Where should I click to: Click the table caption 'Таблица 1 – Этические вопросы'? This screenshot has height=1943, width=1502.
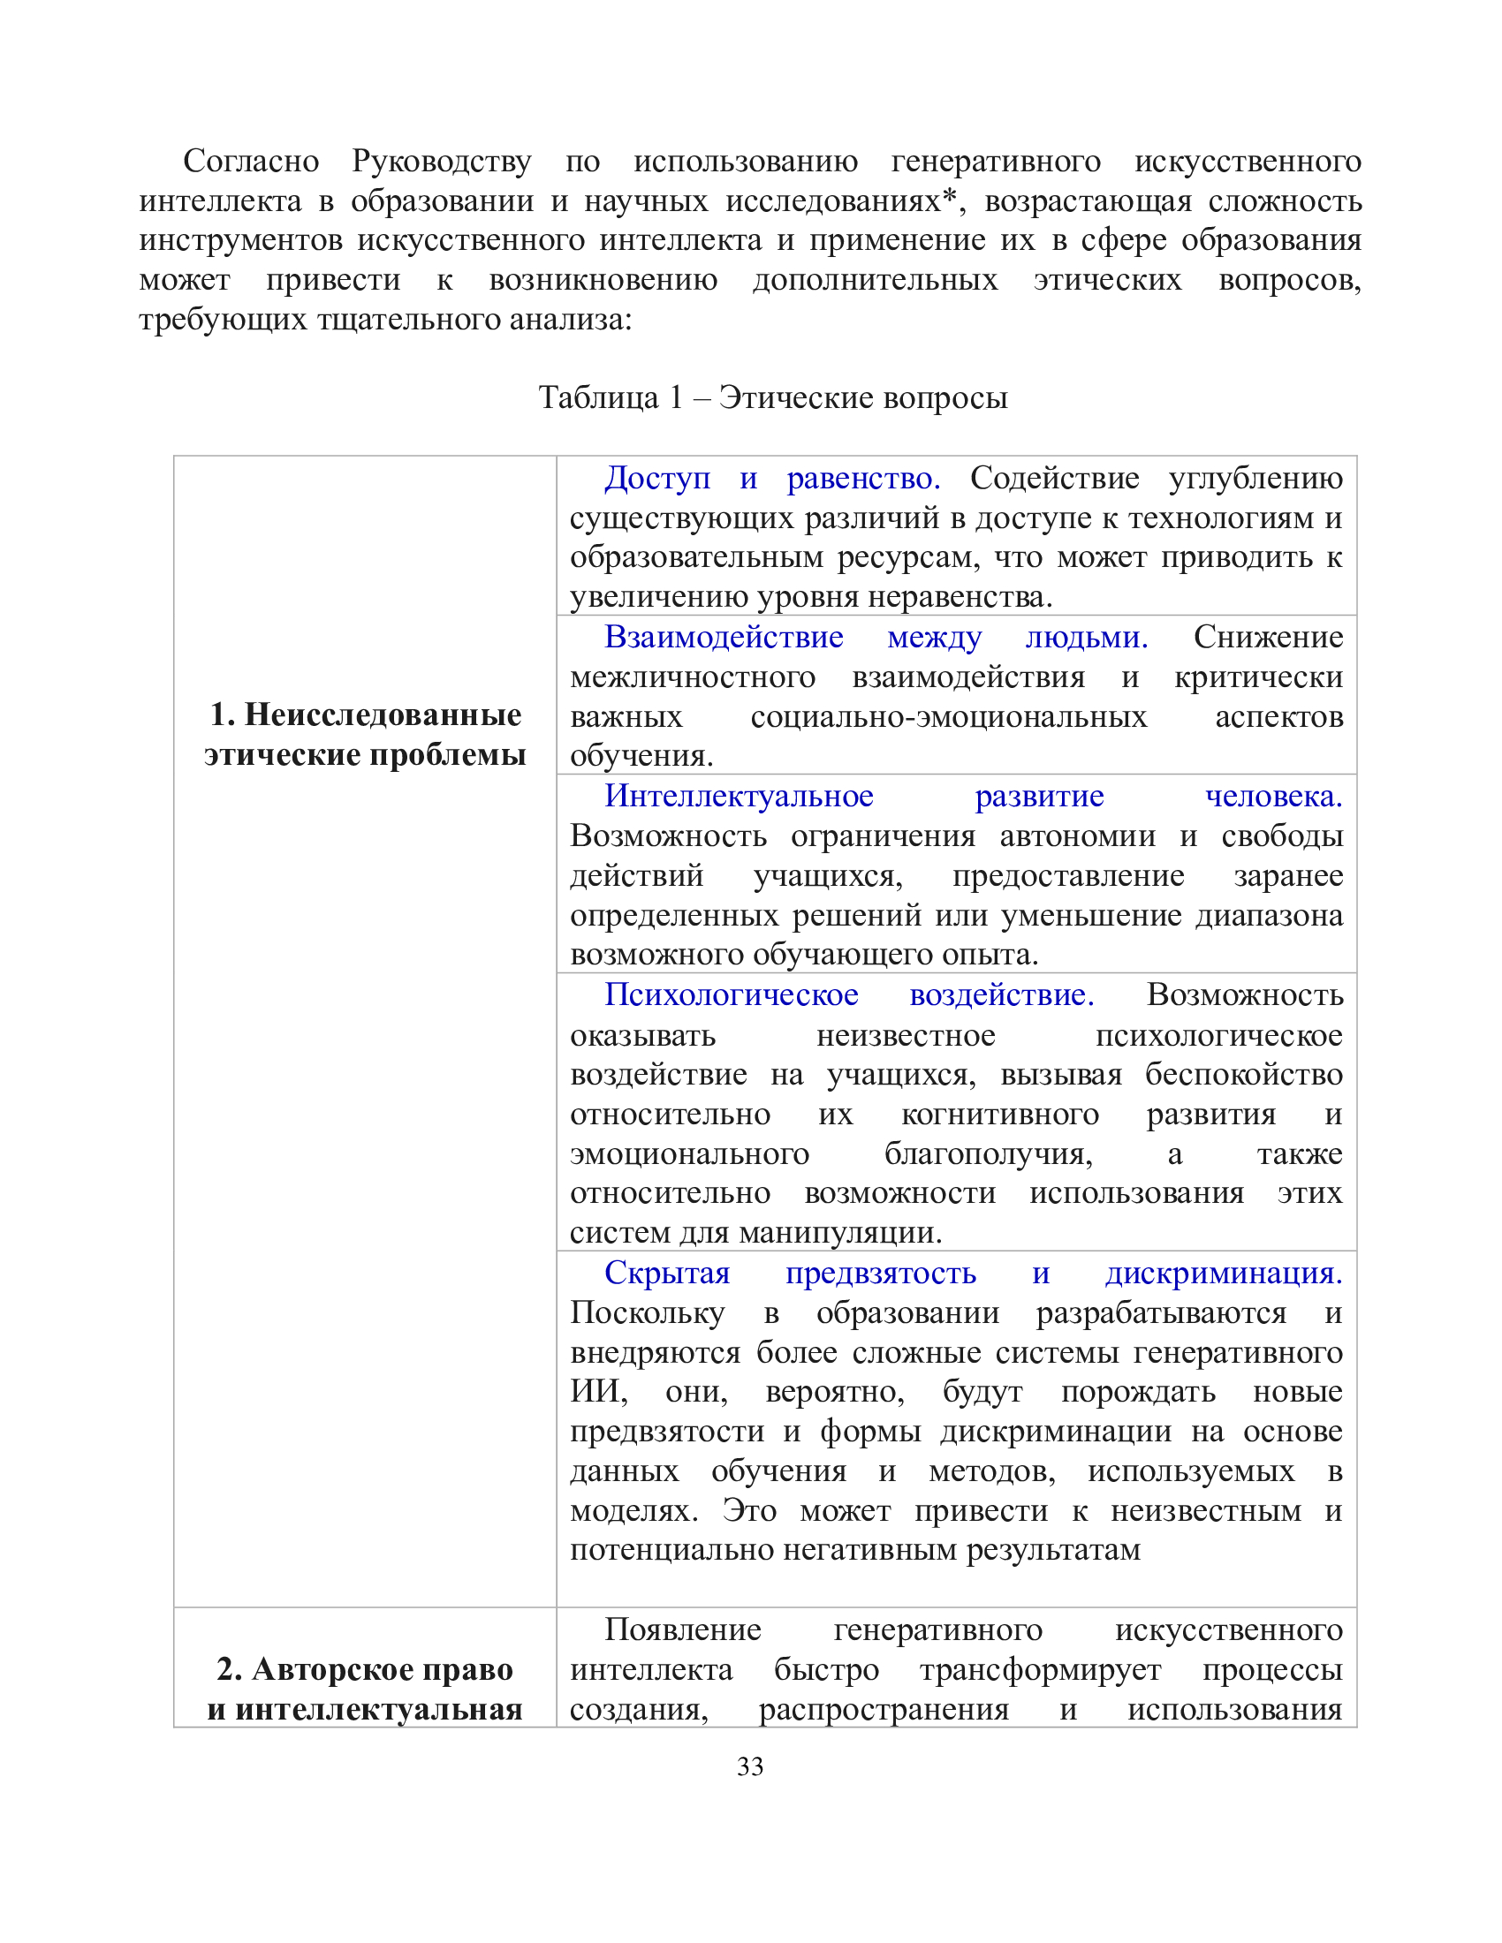(x=772, y=397)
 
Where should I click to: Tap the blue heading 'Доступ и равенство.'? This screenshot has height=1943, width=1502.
(x=771, y=479)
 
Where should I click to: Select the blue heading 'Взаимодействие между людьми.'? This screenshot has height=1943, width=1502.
(x=876, y=637)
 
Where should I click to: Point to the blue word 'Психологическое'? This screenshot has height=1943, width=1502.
(x=732, y=994)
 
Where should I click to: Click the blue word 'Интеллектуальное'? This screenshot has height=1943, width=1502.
(x=739, y=797)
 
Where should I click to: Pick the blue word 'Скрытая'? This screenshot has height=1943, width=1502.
(x=666, y=1273)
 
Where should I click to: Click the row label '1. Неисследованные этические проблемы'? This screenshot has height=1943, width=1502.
(x=365, y=734)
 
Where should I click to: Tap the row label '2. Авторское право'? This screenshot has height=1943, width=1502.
(x=365, y=1670)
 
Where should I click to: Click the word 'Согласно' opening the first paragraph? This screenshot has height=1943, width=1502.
(x=251, y=161)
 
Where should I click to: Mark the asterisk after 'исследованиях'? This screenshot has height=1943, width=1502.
(x=950, y=198)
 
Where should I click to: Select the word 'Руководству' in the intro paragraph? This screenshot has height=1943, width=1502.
(x=442, y=161)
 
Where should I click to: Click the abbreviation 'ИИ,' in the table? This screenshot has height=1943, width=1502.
(x=598, y=1392)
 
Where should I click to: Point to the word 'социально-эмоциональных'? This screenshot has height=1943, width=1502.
(x=949, y=717)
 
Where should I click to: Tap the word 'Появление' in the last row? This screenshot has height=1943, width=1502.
(x=682, y=1629)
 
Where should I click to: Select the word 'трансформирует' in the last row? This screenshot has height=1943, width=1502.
(x=1040, y=1670)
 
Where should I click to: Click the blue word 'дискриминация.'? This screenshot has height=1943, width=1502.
(x=1224, y=1273)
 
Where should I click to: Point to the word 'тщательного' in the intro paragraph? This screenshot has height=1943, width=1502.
(x=408, y=320)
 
